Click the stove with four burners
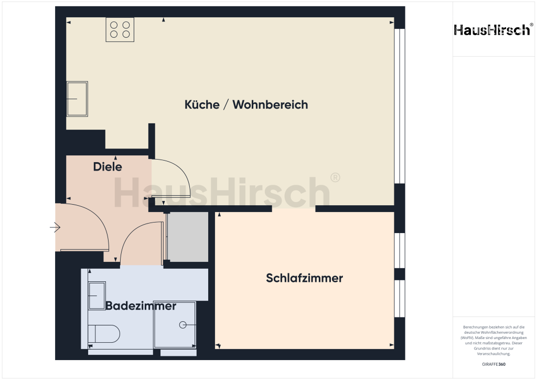(x=120, y=29)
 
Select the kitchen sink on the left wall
(x=77, y=98)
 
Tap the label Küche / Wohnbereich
(x=246, y=104)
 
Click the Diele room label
(x=108, y=167)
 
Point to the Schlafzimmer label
(x=304, y=278)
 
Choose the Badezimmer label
(x=141, y=306)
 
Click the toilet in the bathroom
(x=104, y=333)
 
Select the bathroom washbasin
(x=96, y=296)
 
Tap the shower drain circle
(x=182, y=325)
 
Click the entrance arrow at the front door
(x=55, y=227)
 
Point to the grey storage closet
(x=187, y=237)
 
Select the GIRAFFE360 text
(x=493, y=364)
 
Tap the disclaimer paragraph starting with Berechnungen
(x=493, y=340)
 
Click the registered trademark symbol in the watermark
(x=335, y=177)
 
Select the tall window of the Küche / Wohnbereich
(x=400, y=105)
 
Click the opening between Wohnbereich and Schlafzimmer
(x=294, y=208)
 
